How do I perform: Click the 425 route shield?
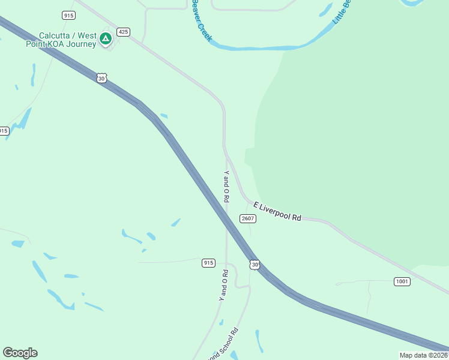tap(124, 32)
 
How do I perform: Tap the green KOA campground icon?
tap(106, 39)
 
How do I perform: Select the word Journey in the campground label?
tap(81, 44)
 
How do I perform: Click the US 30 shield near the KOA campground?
tap(102, 78)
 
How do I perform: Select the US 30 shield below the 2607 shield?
tap(255, 264)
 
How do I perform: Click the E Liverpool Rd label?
tap(277, 212)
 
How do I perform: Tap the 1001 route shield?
tap(402, 281)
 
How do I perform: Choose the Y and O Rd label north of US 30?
tap(226, 186)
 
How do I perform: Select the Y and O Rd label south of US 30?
tap(223, 285)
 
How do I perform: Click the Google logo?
tap(20, 353)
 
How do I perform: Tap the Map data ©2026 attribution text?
tap(424, 355)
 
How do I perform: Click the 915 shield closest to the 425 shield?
tap(68, 14)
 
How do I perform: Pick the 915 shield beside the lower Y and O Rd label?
tap(208, 263)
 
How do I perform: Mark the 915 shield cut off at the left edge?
tap(3, 131)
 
